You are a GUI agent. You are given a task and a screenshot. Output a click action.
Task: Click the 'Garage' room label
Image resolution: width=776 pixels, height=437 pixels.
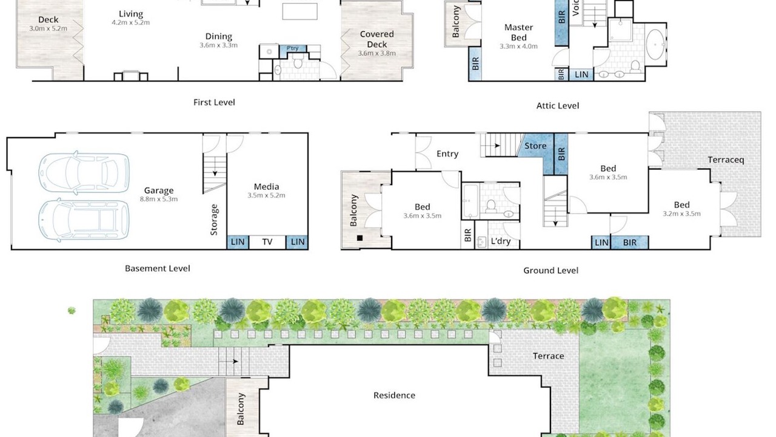pos(159,191)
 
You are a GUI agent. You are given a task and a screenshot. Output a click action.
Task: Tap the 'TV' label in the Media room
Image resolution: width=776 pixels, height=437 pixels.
pos(267,242)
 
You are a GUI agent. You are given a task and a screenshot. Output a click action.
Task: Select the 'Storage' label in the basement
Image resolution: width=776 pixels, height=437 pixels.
pos(214,220)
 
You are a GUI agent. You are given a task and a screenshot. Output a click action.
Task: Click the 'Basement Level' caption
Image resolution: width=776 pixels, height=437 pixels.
pos(158,268)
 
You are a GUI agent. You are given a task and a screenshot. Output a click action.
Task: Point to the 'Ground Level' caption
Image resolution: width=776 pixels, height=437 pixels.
pos(550,271)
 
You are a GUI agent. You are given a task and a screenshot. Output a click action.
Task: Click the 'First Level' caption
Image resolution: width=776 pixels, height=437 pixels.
pos(214,103)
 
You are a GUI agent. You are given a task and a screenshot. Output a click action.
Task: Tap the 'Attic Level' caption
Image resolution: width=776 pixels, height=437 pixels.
pos(557,106)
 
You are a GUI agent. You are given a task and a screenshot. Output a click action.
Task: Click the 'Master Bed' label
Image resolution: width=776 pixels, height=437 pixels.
pos(518,32)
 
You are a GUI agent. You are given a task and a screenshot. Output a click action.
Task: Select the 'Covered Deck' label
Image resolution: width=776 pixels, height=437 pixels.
pos(377,39)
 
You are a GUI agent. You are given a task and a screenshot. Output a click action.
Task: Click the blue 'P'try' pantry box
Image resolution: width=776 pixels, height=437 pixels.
pos(293,49)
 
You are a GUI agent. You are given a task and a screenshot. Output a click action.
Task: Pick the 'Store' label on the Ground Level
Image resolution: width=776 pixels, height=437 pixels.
pos(535,146)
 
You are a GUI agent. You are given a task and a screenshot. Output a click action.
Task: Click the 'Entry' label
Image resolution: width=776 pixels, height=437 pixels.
pos(447,154)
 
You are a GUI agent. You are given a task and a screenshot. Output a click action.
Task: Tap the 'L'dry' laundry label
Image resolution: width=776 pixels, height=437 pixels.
pos(501,241)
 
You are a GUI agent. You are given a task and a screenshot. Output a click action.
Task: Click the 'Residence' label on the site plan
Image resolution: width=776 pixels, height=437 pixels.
pos(394,395)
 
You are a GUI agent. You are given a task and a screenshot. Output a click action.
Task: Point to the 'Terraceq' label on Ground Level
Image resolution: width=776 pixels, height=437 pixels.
pos(726,160)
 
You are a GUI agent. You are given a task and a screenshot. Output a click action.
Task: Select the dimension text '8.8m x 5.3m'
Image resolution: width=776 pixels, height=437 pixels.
pos(159,199)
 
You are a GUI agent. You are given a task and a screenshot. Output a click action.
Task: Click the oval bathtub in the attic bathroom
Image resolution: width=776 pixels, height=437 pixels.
pos(655,45)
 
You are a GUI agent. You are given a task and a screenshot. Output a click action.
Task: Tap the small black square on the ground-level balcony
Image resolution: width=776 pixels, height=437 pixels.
pos(360,238)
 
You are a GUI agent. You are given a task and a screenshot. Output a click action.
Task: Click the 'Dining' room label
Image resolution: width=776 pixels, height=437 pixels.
pos(219,36)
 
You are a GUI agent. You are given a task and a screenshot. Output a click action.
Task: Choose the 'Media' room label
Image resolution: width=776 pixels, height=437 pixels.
pos(266,186)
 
